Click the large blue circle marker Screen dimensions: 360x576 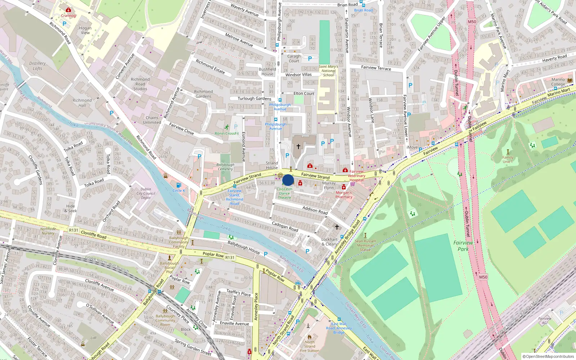click(x=288, y=180)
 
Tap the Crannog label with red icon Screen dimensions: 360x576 click(x=68, y=15)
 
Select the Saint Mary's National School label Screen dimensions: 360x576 click(x=328, y=71)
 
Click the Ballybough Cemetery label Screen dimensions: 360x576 click(x=225, y=167)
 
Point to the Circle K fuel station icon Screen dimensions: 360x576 click(x=179, y=185)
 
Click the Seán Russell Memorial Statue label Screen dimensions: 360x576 click(x=365, y=245)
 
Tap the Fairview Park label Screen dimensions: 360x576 click(x=463, y=246)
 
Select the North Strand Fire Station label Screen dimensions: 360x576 click(x=310, y=346)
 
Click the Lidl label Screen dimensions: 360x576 click(x=94, y=338)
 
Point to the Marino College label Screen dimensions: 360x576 click(x=558, y=82)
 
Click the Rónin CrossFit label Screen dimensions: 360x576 click(x=227, y=133)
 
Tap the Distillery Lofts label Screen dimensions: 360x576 click(x=37, y=66)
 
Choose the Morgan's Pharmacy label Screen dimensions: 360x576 click(x=344, y=194)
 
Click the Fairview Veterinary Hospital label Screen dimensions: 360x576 click(x=356, y=176)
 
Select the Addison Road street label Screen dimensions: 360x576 click(x=315, y=210)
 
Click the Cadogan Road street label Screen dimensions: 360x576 click(x=285, y=226)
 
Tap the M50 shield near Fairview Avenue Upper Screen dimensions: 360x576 click(x=472, y=22)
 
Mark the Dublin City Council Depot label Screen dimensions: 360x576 click(x=146, y=193)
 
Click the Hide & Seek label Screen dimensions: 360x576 click(x=71, y=208)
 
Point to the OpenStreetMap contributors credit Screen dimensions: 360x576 click(x=548, y=356)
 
